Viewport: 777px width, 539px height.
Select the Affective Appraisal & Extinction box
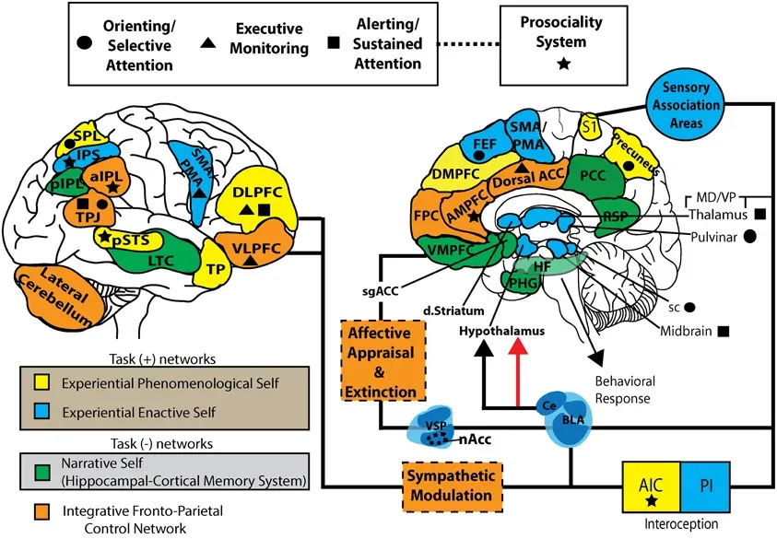[x=381, y=359]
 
